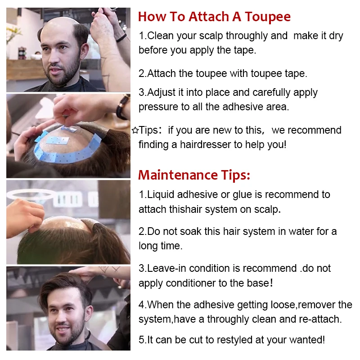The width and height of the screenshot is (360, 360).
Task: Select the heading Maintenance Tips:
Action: point(194,175)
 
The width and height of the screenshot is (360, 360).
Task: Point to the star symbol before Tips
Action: point(135,130)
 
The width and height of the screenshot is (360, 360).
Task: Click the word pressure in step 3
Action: point(158,107)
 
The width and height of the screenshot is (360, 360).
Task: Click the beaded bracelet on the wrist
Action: point(121,108)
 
